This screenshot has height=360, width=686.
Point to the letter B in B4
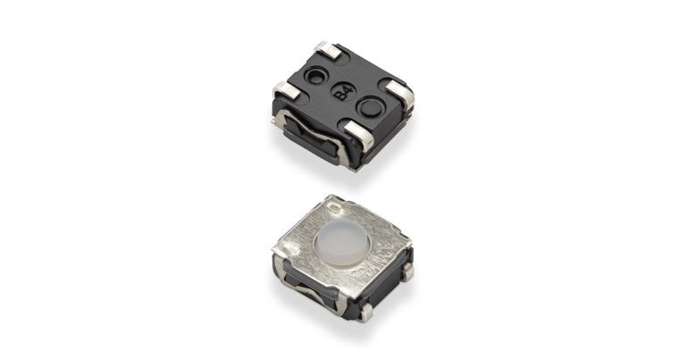(x=339, y=96)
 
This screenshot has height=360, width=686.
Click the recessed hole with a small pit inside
(x=315, y=77)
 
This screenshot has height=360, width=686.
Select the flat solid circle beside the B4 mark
(x=370, y=107)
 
